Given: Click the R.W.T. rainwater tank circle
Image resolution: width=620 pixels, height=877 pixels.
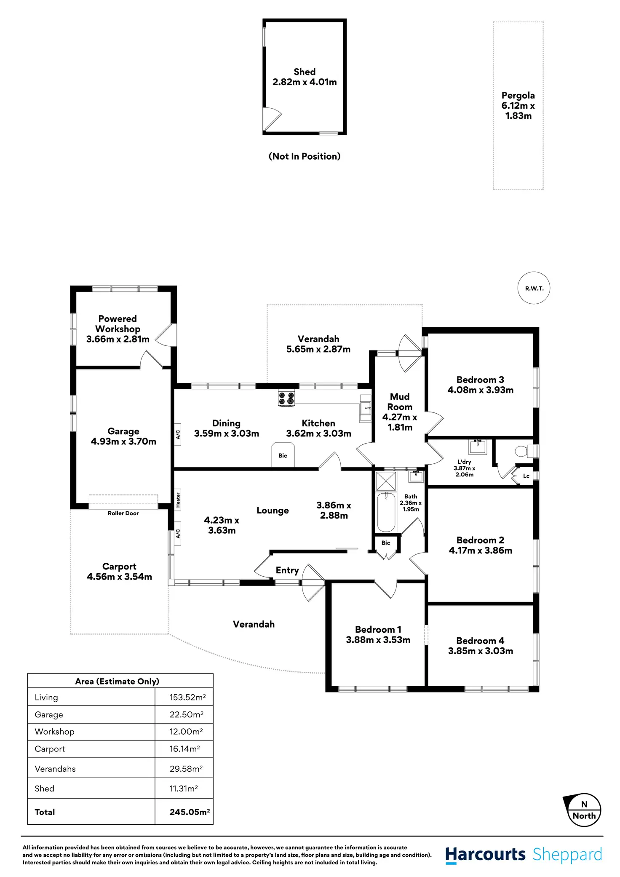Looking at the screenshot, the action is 534,288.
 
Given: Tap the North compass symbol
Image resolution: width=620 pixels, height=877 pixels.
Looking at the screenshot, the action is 584,811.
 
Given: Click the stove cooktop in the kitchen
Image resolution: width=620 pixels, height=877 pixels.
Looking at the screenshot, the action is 286,398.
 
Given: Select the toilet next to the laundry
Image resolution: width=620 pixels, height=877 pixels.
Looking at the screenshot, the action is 522,451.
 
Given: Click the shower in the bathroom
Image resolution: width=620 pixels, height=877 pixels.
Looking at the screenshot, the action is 386,481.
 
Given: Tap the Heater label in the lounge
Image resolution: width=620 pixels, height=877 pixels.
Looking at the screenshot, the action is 178,500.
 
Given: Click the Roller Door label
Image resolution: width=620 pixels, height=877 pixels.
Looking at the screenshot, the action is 123,513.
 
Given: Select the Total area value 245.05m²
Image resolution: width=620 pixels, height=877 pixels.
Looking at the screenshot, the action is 190,812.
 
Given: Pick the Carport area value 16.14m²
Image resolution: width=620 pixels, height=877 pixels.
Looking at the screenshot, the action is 184,749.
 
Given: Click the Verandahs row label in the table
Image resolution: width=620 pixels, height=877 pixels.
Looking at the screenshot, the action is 55,769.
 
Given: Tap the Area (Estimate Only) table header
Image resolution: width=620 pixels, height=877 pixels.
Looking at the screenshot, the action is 117,681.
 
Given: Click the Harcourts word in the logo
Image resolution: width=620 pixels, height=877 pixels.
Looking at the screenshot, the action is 485,854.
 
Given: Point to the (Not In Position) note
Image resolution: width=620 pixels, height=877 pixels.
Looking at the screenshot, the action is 304,156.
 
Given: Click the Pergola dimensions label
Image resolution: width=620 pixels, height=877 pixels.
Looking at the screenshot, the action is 518,111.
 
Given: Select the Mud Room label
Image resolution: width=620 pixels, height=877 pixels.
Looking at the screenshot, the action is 400,402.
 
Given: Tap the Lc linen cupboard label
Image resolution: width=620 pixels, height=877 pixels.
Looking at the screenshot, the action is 526,476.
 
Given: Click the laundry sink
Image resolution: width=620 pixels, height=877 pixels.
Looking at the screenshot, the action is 478,447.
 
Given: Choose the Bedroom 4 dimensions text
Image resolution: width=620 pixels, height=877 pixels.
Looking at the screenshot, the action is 481,651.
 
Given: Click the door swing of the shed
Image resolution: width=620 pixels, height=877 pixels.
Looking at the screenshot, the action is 272,119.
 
